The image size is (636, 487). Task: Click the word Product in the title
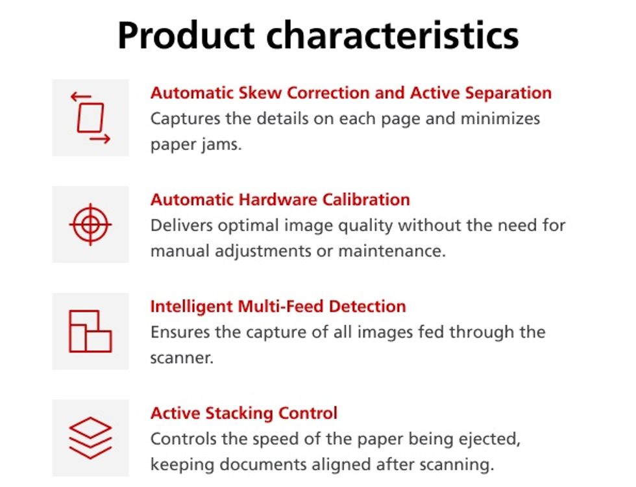186,35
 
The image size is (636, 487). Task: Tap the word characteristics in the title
392,35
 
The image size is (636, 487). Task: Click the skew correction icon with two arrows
90,118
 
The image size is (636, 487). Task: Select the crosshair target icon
90,225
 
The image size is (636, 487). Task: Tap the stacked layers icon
90,438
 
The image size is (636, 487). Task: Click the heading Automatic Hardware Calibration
280,200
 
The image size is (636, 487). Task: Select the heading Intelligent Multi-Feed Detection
278,306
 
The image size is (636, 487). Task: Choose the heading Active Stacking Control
244,414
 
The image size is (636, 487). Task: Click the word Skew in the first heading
260,93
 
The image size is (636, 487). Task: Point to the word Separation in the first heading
508,94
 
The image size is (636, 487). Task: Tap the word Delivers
181,225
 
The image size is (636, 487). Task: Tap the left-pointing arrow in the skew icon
80,97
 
